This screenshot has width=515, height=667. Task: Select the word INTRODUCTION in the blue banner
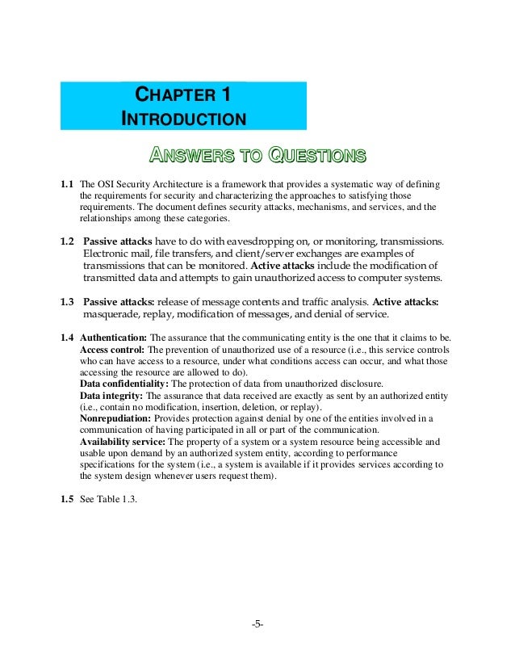[183, 120]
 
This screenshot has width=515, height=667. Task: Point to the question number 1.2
[68, 242]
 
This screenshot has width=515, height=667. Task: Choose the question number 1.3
[68, 302]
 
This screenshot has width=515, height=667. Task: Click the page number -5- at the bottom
[257, 624]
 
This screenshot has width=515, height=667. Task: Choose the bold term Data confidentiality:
[124, 384]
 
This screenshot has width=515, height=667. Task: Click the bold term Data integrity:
[110, 396]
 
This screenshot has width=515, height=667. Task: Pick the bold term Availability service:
[122, 442]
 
